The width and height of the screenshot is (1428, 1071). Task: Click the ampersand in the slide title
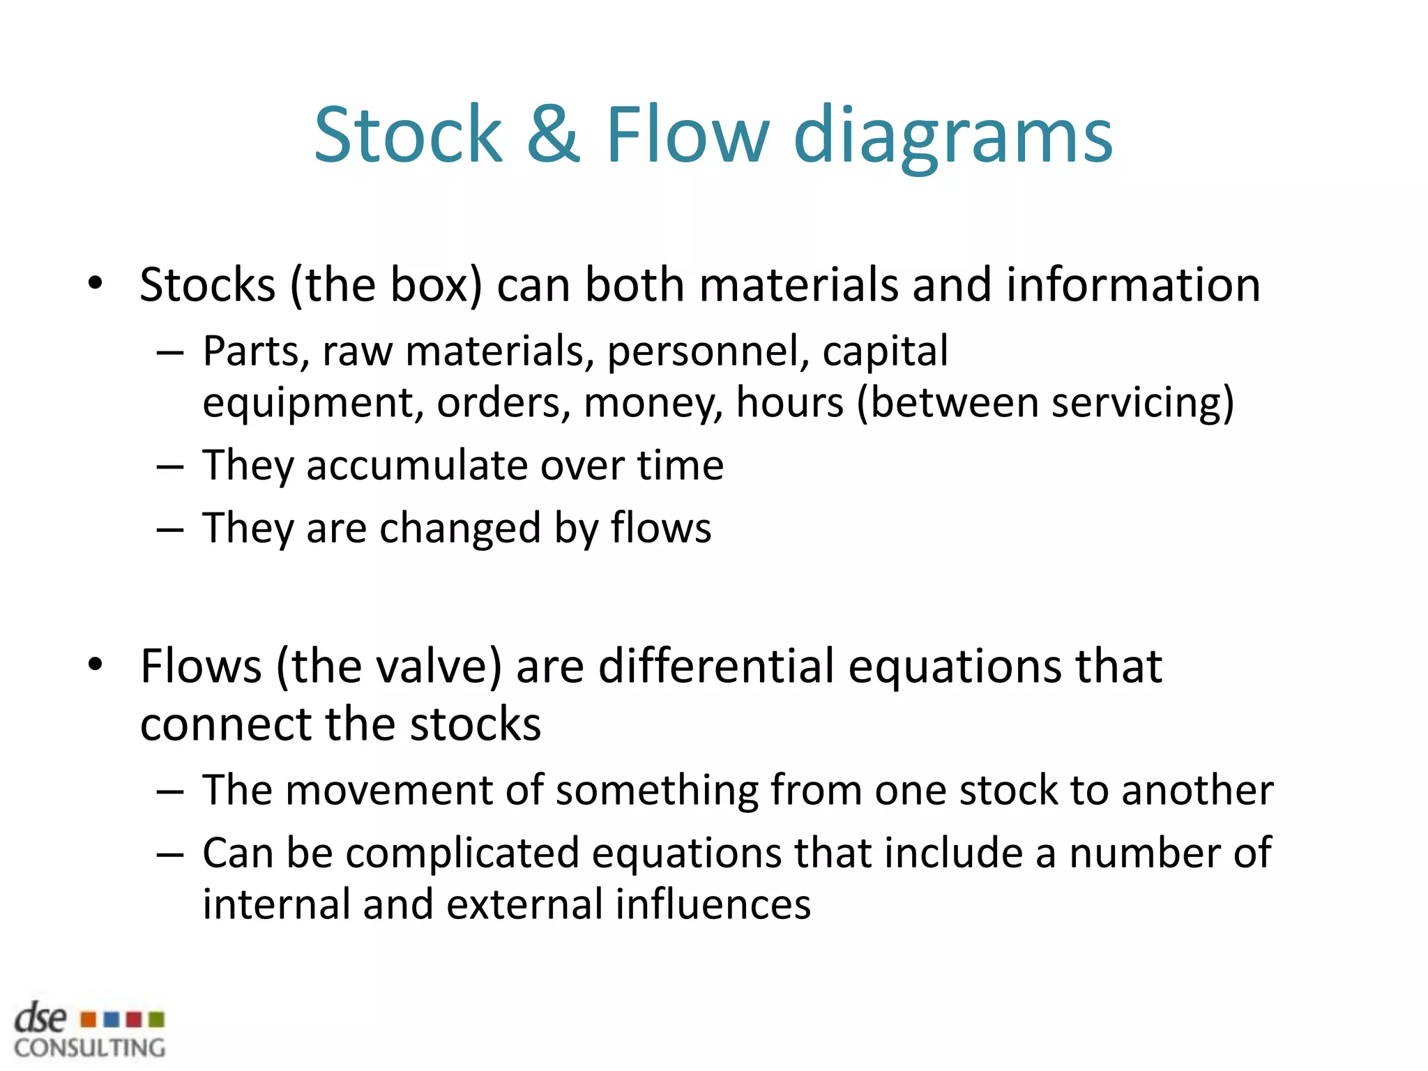coord(553,134)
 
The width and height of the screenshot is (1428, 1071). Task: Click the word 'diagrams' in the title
coord(952,137)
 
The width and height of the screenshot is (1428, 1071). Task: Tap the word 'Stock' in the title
coord(408,134)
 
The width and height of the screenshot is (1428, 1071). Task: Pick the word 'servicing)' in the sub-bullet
coord(1143,403)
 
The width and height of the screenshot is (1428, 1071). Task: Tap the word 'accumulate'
coord(417,466)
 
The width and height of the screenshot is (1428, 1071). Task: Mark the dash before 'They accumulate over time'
coord(170,466)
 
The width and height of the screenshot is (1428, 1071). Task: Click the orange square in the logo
coord(89,1019)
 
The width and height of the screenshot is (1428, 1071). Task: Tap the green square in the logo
coord(157,1019)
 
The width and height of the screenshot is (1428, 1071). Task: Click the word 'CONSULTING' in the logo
coord(90,1048)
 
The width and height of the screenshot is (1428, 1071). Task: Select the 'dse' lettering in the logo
coord(40,1018)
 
